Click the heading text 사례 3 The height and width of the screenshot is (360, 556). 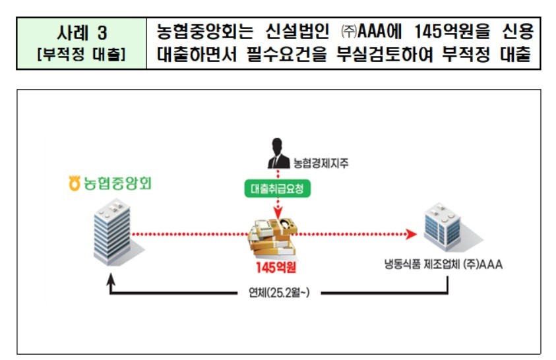[x=82, y=32]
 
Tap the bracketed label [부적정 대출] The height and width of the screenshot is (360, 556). [x=82, y=54]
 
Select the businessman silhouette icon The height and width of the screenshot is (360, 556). [x=277, y=154]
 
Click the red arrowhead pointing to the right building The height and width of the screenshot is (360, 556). [x=411, y=233]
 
